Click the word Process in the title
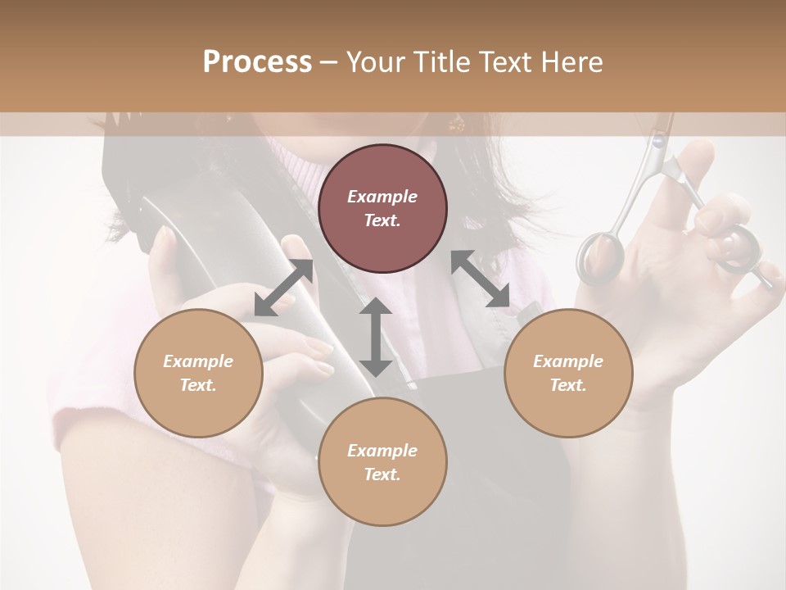click(x=257, y=62)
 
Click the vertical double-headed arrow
click(x=376, y=338)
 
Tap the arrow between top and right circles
click(x=481, y=279)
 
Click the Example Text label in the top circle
click(x=382, y=208)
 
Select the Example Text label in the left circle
click(x=198, y=373)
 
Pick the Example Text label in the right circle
click(x=568, y=373)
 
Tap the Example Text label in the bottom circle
click(x=382, y=462)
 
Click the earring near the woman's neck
click(x=455, y=124)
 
